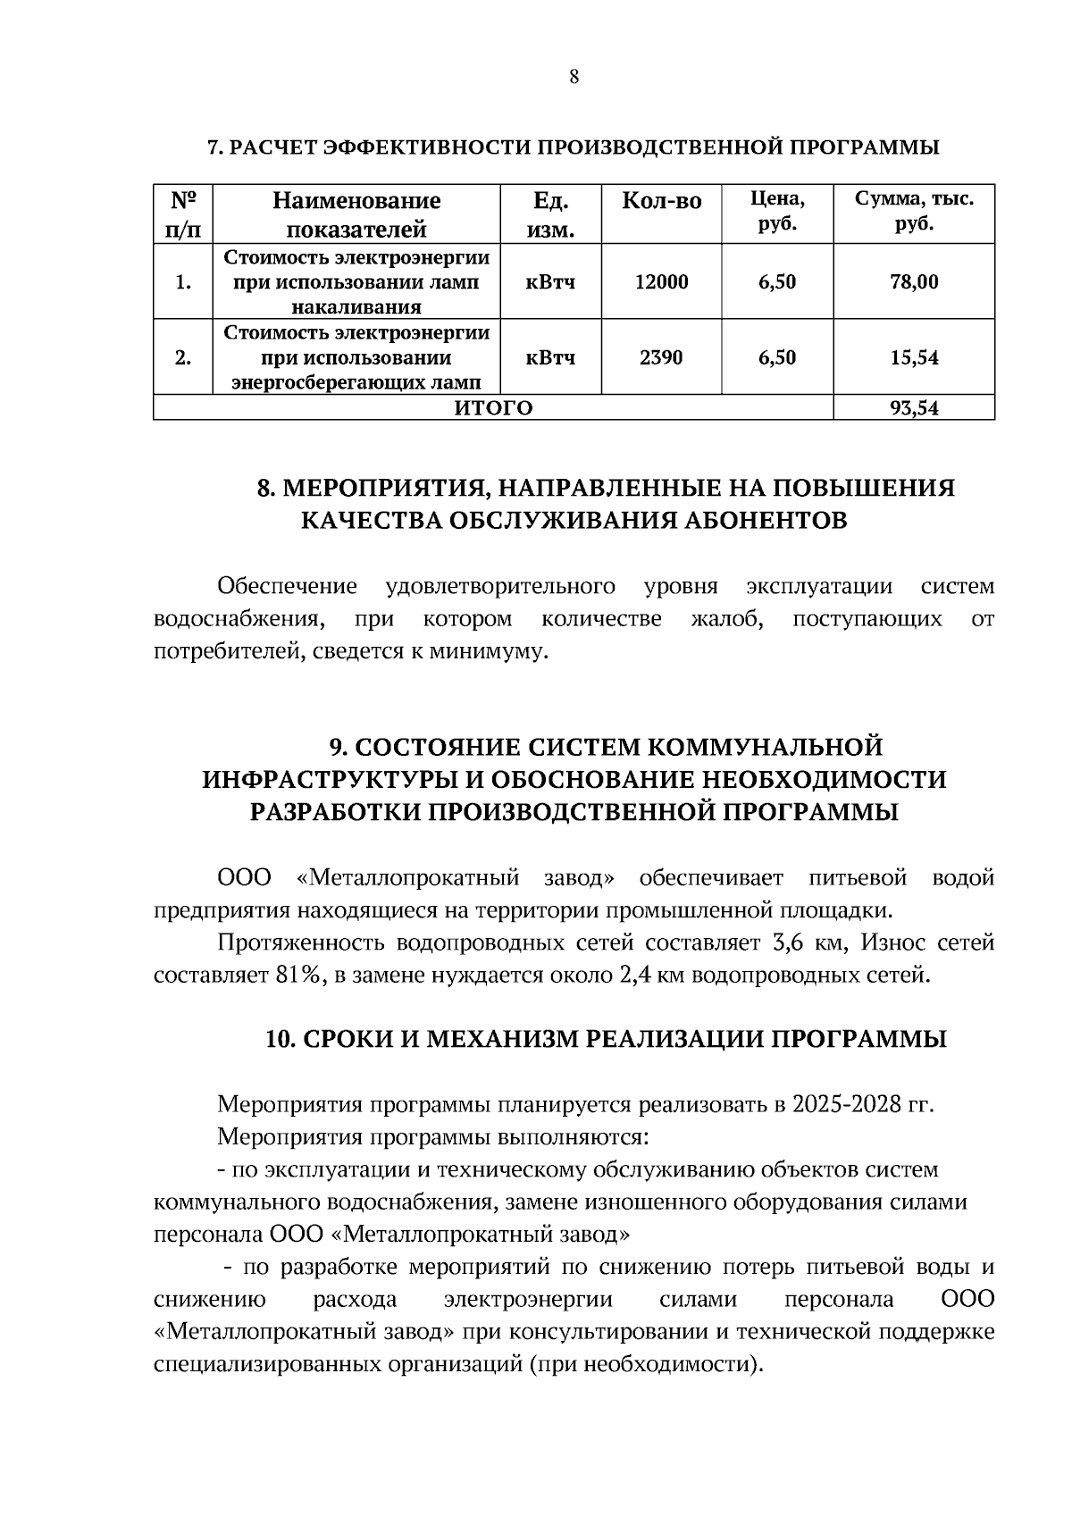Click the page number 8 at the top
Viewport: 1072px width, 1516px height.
pyautogui.click(x=574, y=78)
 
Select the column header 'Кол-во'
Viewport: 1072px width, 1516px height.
pyautogui.click(x=661, y=201)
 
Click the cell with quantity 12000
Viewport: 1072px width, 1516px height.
pyautogui.click(x=661, y=282)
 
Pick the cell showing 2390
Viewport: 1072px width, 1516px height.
pyautogui.click(x=661, y=358)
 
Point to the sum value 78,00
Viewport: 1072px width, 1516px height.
pyautogui.click(x=914, y=282)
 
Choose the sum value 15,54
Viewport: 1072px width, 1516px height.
pyautogui.click(x=914, y=358)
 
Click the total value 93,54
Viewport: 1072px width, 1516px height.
pyautogui.click(x=914, y=409)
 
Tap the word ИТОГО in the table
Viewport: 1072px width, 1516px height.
pyautogui.click(x=493, y=409)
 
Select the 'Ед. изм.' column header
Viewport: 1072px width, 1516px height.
pyautogui.click(x=550, y=215)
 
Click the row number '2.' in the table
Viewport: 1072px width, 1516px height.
pyautogui.click(x=183, y=358)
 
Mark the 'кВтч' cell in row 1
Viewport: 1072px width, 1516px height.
pyautogui.click(x=550, y=282)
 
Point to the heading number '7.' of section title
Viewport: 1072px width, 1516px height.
pyautogui.click(x=215, y=147)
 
